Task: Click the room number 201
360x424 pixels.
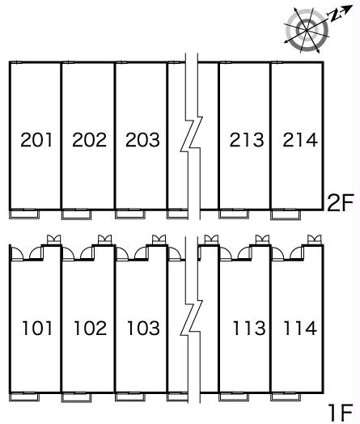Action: (36, 139)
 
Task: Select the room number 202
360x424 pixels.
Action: (89, 139)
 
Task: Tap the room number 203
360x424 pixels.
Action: (142, 139)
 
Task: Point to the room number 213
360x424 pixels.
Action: (247, 139)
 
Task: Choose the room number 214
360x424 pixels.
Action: (299, 139)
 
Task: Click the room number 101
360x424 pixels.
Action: (37, 328)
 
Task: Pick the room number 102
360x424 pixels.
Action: (91, 328)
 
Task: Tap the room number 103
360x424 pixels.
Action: (143, 328)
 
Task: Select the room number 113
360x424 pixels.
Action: (249, 328)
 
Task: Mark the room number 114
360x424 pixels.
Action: (300, 328)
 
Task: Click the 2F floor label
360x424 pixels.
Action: (340, 203)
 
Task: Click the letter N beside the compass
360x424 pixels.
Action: (335, 16)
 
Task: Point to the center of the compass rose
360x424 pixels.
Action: (307, 30)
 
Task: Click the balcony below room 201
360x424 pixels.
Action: (24, 214)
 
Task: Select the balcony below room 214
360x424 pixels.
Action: (286, 214)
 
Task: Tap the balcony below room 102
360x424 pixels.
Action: (77, 397)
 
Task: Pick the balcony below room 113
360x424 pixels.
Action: (234, 396)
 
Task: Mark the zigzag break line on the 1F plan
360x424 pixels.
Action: (192, 319)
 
